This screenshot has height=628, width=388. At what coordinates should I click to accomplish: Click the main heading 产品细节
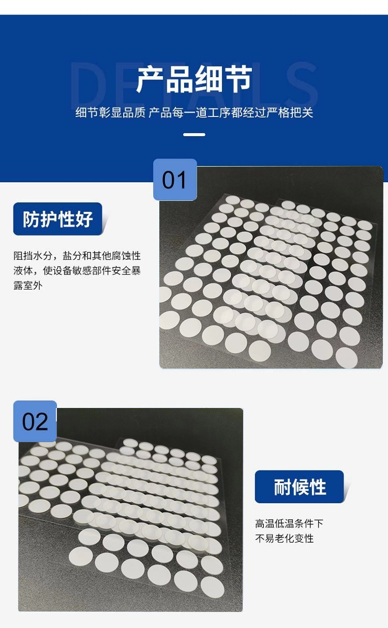194,80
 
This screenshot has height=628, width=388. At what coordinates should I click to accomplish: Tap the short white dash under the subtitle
194,135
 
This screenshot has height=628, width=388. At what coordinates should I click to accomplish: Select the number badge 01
175,180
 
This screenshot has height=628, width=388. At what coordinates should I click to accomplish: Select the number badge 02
35,421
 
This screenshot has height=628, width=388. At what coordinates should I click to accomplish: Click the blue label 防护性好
58,218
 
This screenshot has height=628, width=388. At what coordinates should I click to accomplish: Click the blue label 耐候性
299,487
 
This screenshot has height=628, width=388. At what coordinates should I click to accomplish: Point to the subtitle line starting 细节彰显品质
194,112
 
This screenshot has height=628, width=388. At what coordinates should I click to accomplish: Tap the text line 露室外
28,285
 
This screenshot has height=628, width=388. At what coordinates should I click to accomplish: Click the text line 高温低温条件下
289,523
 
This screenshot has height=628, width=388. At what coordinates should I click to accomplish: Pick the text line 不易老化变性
285,538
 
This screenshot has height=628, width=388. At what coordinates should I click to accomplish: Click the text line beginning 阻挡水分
77,256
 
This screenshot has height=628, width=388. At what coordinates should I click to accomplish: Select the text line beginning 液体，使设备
77,271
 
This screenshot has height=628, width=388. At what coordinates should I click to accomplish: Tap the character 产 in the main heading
151,80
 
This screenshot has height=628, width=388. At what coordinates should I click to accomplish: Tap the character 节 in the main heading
238,80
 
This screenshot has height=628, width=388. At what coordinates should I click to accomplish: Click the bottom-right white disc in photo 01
347,357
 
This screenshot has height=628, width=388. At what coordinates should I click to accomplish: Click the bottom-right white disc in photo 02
212,587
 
